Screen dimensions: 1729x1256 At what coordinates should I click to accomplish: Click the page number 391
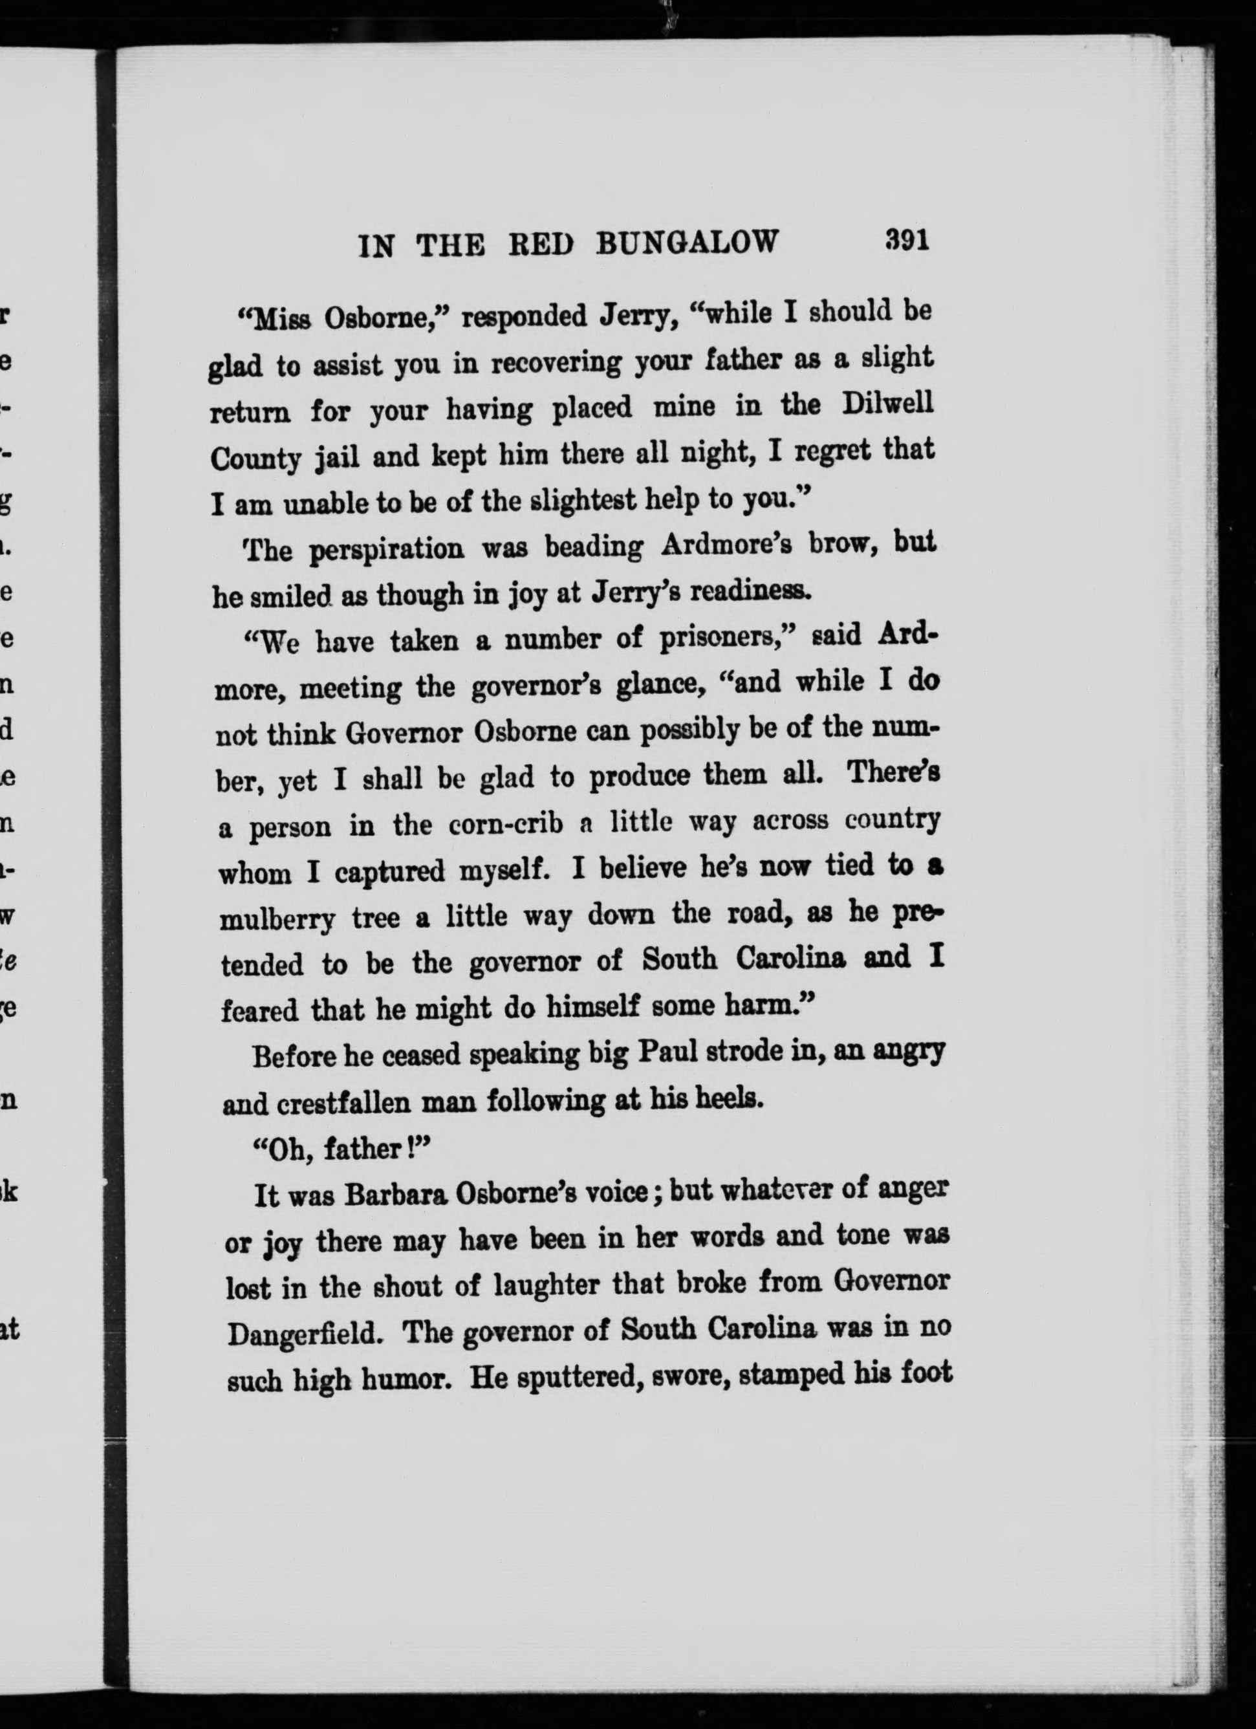pyautogui.click(x=906, y=240)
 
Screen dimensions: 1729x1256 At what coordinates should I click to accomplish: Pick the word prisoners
pyautogui.click(x=717, y=639)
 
